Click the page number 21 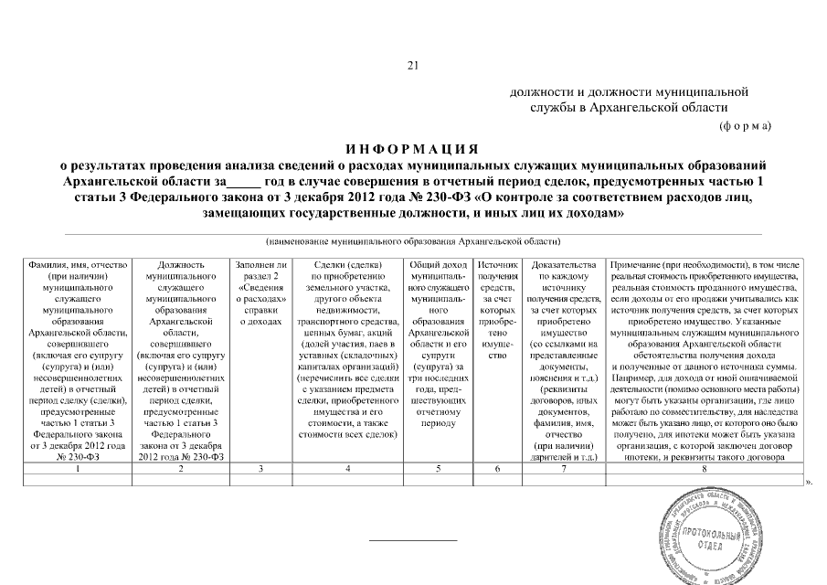(x=411, y=65)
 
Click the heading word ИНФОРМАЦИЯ (x=412, y=149)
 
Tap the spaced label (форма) (x=746, y=124)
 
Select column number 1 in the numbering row (x=78, y=469)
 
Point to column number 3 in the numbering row (x=260, y=469)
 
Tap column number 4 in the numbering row (x=347, y=469)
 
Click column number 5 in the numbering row (x=437, y=469)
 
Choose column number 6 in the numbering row (x=498, y=469)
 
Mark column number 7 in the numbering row (x=563, y=469)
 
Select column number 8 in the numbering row (x=703, y=469)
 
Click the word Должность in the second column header (x=180, y=264)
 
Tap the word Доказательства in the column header (x=563, y=264)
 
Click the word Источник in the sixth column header (x=498, y=264)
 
